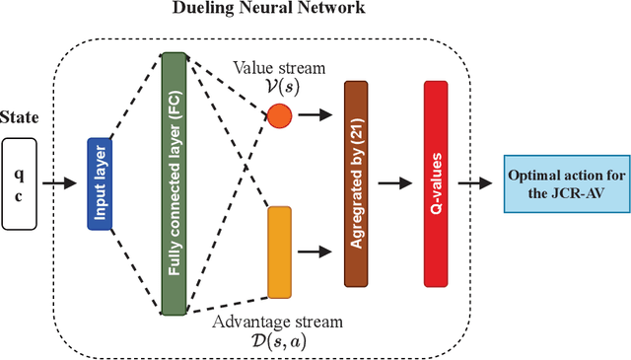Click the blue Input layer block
click(x=99, y=182)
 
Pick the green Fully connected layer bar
click(x=174, y=183)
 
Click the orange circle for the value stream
click(x=280, y=116)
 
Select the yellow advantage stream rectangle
click(x=280, y=252)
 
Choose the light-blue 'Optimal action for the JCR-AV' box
click(x=565, y=183)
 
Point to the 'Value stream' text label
click(x=273, y=67)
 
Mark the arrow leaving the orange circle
click(x=315, y=116)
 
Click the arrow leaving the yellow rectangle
click(x=315, y=252)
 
